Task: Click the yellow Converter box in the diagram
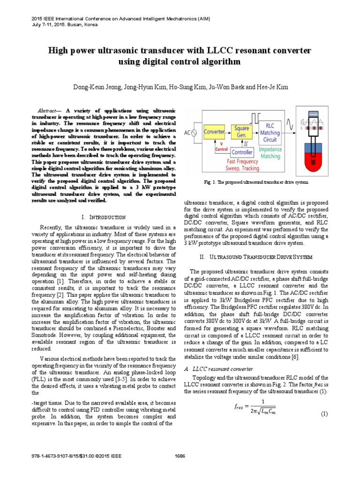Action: tap(214, 132)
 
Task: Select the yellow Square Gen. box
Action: tap(242, 132)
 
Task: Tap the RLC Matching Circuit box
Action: tap(270, 133)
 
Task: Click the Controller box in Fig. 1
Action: tap(242, 152)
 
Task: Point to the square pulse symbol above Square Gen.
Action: tap(242, 116)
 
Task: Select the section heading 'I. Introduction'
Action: tap(103, 217)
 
